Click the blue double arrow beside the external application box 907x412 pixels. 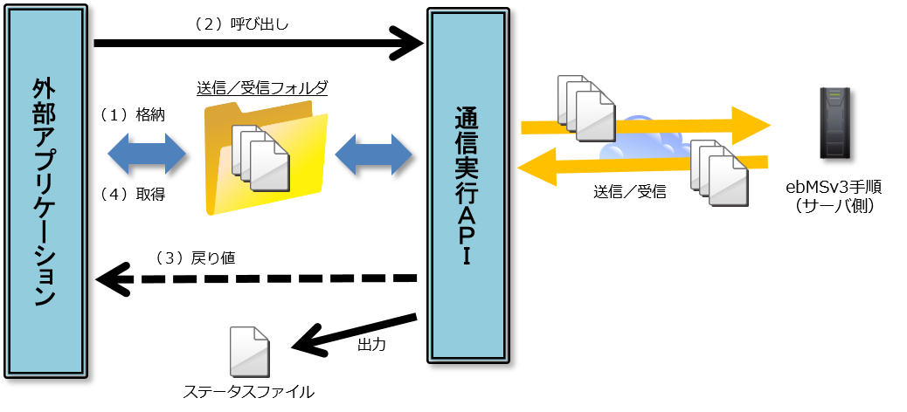[147, 154]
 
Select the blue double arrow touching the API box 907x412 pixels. [373, 154]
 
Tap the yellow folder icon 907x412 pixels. [266, 157]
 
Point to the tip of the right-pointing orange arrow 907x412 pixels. [769, 125]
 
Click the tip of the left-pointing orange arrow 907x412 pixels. [520, 167]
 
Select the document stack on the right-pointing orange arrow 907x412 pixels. [586, 108]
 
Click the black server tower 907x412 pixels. [834, 122]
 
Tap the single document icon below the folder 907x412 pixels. [249, 352]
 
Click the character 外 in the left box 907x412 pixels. [45, 89]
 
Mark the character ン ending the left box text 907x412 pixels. [45, 296]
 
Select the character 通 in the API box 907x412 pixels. [467, 117]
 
